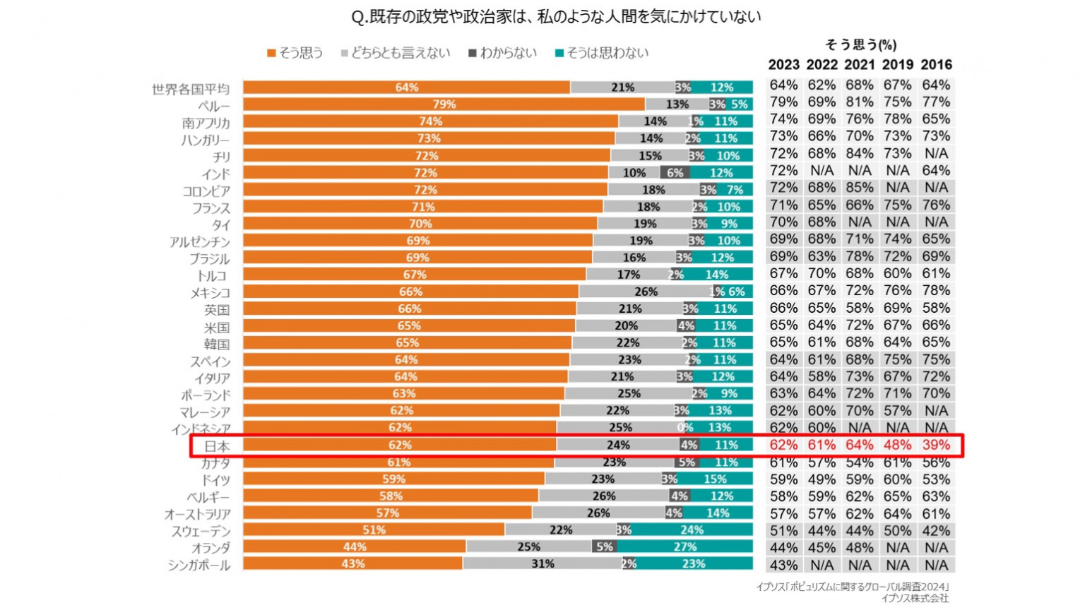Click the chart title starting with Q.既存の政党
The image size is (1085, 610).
556,16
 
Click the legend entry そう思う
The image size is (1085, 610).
295,53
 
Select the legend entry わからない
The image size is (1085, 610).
502,53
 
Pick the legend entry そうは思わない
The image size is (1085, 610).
602,53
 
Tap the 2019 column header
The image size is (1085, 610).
898,65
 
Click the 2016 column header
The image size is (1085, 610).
936,65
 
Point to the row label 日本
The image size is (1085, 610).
217,446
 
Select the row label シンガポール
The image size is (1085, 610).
199,565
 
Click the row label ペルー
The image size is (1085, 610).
214,106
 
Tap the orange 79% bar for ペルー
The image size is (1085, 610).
444,104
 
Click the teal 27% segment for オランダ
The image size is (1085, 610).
684,546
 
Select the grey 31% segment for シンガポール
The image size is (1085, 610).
542,563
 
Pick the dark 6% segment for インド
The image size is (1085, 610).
675,172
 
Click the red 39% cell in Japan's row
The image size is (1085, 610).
936,445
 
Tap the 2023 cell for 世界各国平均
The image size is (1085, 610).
783,85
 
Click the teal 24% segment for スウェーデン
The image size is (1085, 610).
692,530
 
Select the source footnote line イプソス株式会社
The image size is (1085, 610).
915,598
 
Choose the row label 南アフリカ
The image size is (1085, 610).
206,123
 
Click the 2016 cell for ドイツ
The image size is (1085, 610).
936,479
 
